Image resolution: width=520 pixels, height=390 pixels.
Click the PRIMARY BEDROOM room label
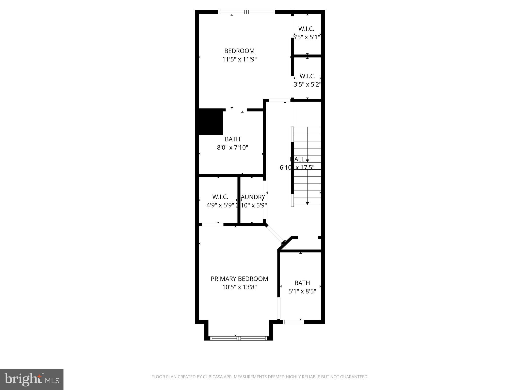239,279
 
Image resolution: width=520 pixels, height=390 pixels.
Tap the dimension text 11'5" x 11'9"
239,59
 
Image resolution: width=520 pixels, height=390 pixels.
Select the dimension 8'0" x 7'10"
232,148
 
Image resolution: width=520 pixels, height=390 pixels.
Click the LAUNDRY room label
253,197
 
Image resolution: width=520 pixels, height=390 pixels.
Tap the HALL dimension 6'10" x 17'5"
297,168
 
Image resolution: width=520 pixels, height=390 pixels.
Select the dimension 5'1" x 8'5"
302,291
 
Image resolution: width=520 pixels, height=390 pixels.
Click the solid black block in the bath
210,122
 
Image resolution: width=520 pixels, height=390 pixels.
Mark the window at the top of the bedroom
246,12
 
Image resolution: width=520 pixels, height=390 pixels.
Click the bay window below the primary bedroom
238,338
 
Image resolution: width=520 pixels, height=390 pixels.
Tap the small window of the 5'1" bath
293,322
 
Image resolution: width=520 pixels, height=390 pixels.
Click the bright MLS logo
32,380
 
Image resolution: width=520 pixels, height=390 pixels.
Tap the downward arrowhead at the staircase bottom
307,203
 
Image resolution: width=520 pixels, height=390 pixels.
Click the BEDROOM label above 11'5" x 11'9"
239,51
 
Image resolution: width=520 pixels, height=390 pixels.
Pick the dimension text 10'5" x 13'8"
239,287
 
